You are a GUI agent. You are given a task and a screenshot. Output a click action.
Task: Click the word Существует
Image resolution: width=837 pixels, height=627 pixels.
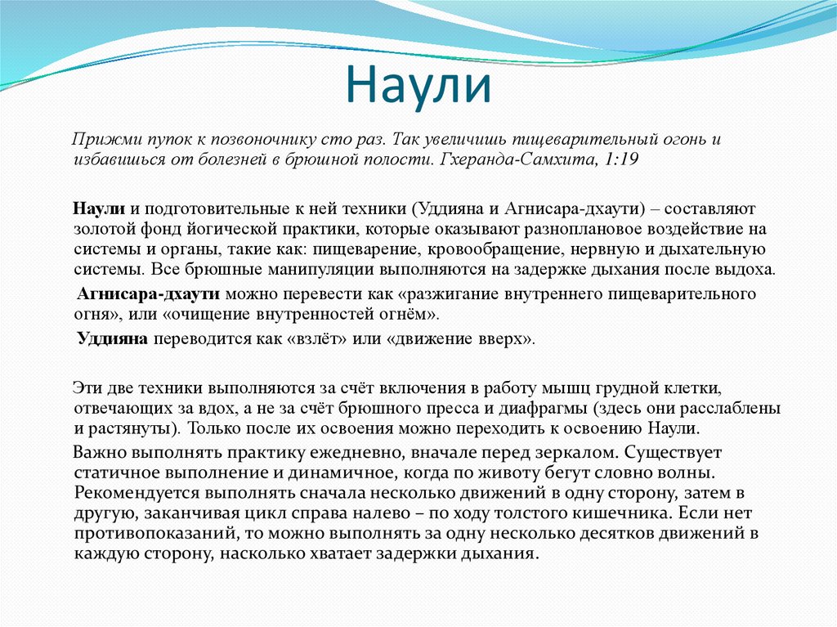coord(675,452)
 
